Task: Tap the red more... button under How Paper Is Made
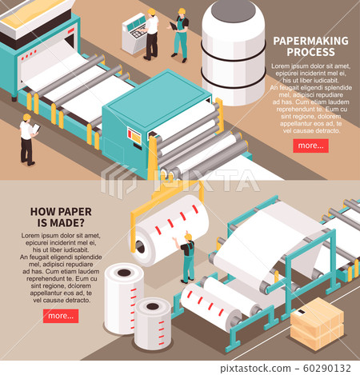pyautogui.click(x=61, y=316)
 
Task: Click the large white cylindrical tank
pyautogui.click(x=233, y=50)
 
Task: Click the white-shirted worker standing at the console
pyautogui.click(x=151, y=34)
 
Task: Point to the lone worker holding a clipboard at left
pyautogui.click(x=27, y=139)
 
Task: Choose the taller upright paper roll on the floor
pyautogui.click(x=124, y=297)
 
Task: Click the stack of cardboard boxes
pyautogui.click(x=317, y=325)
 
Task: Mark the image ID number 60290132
pyautogui.click(x=323, y=366)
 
